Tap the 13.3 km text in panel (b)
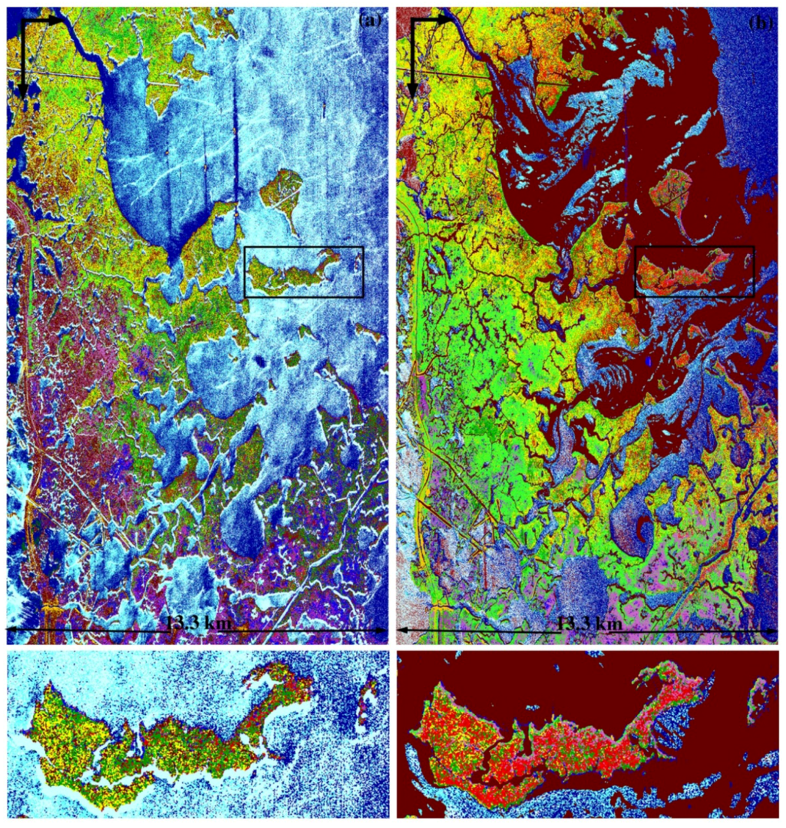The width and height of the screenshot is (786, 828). (589, 624)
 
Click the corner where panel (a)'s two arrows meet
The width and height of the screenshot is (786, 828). (23, 21)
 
